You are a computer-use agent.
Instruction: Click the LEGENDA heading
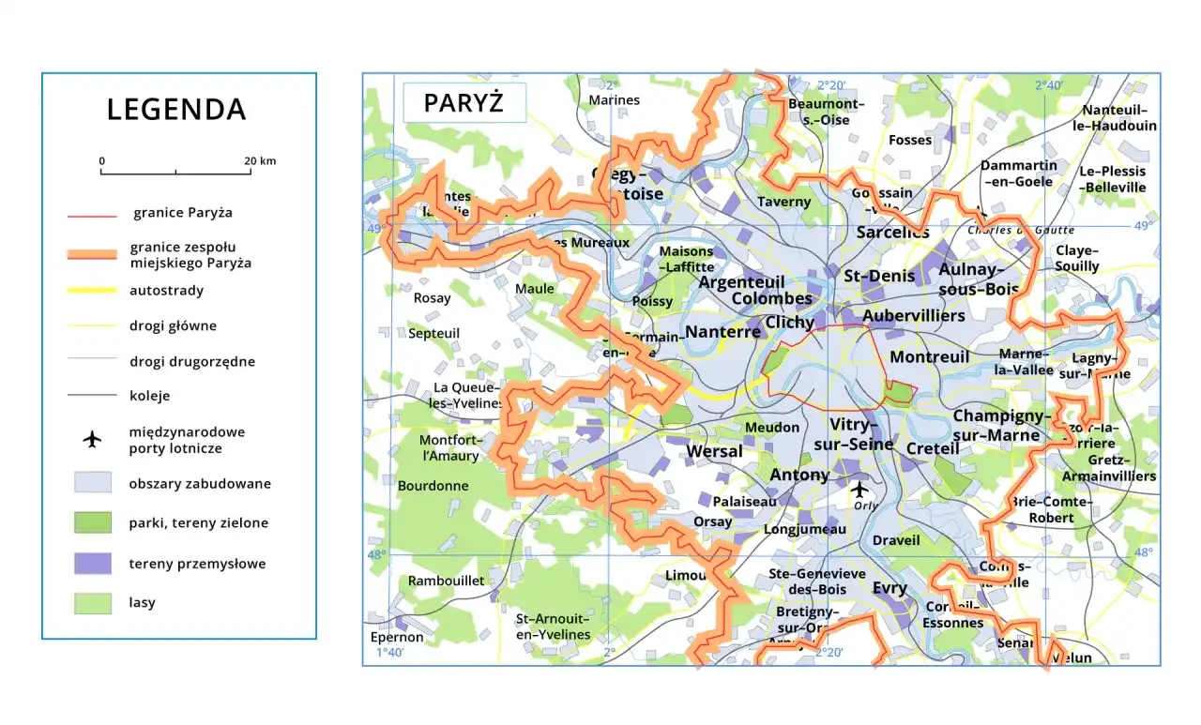tap(176, 110)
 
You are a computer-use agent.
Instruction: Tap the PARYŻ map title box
tap(464, 102)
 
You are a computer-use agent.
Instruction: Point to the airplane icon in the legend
tap(92, 440)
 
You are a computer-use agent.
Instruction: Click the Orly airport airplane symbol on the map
tap(859, 489)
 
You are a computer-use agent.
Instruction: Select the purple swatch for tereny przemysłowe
tap(92, 564)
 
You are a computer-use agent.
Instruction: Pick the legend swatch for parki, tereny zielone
tap(92, 522)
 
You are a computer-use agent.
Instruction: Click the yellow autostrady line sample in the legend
tap(92, 291)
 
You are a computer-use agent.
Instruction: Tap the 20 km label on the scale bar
tap(260, 161)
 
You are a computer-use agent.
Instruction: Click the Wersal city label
tap(714, 451)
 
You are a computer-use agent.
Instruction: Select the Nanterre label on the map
tap(722, 332)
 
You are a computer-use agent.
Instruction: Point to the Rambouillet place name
tap(446, 581)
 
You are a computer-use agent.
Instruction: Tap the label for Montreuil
tap(929, 357)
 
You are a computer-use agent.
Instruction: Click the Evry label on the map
tap(889, 588)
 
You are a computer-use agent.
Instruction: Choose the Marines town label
tap(614, 100)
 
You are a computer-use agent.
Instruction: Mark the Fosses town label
tap(909, 141)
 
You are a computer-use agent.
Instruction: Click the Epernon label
tap(397, 637)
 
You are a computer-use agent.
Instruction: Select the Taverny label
tap(783, 202)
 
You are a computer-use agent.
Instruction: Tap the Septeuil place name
tap(433, 333)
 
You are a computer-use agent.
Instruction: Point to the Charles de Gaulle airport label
tap(1021, 230)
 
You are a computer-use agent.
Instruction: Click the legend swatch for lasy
tap(92, 603)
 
